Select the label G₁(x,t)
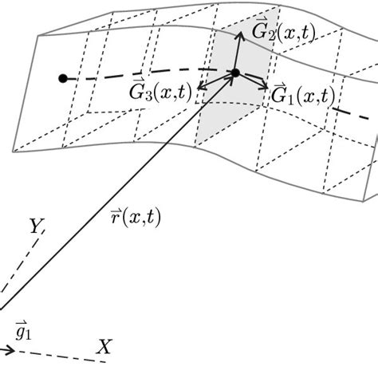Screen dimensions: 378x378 click(302, 96)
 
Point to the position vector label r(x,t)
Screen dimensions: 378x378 click(135, 216)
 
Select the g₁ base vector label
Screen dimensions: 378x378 click(22, 328)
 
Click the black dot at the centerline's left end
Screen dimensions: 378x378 click(62, 78)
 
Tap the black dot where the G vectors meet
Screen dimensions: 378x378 click(235, 73)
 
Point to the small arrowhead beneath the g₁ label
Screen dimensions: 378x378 click(9, 348)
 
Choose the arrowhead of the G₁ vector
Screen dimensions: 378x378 click(265, 81)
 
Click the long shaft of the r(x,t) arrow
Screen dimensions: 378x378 click(120, 191)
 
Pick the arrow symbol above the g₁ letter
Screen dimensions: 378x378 click(19, 320)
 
